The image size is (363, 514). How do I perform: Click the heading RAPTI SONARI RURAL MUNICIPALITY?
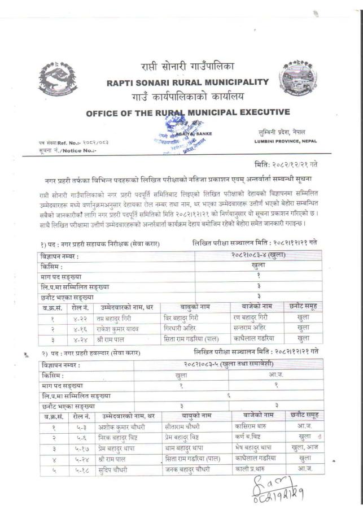pyautogui.click(x=187, y=82)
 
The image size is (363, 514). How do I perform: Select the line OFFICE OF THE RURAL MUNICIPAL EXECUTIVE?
pyautogui.click(x=188, y=112)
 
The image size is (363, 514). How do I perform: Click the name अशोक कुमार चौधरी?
pyautogui.click(x=121, y=426)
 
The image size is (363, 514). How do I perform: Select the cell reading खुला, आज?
pyautogui.click(x=304, y=447)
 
